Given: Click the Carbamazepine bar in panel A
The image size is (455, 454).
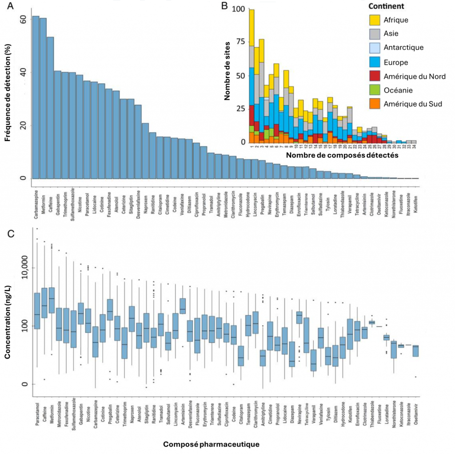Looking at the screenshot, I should pyautogui.click(x=36, y=97).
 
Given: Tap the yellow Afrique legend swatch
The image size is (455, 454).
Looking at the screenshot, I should pyautogui.click(x=376, y=20).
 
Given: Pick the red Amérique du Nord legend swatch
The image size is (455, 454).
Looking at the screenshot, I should pyautogui.click(x=376, y=76).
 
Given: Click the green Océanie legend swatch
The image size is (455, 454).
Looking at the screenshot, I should pyautogui.click(x=376, y=90).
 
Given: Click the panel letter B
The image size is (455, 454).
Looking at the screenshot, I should pyautogui.click(x=224, y=6).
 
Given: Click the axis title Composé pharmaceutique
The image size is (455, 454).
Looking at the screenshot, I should pyautogui.click(x=211, y=444).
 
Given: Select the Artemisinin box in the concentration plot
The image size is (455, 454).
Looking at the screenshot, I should pyautogui.click(x=183, y=305).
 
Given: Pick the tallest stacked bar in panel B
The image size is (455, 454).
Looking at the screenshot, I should pyautogui.click(x=252, y=76).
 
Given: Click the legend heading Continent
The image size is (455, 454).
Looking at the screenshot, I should pyautogui.click(x=386, y=7).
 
